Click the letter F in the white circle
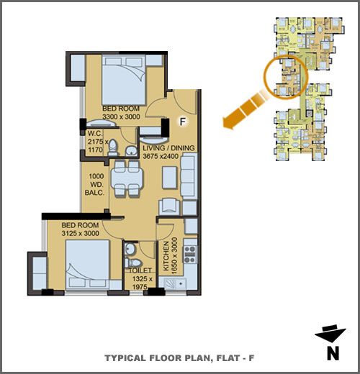tap(183, 122)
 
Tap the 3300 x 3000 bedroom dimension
tap(121, 117)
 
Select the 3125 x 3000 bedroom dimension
tap(81, 233)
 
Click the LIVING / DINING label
tap(168, 148)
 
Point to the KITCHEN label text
tap(166, 256)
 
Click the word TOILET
tap(140, 270)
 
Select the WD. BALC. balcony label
tap(94, 188)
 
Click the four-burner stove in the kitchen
tap(190, 255)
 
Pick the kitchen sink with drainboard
tap(175, 283)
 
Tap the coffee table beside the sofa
tap(170, 178)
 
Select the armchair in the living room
tap(169, 206)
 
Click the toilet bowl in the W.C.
tap(112, 147)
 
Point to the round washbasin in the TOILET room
tap(130, 250)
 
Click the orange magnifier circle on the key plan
tap(286, 77)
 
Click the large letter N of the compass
tap(333, 353)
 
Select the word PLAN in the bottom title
tap(197, 358)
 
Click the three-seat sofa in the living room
tap(189, 177)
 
